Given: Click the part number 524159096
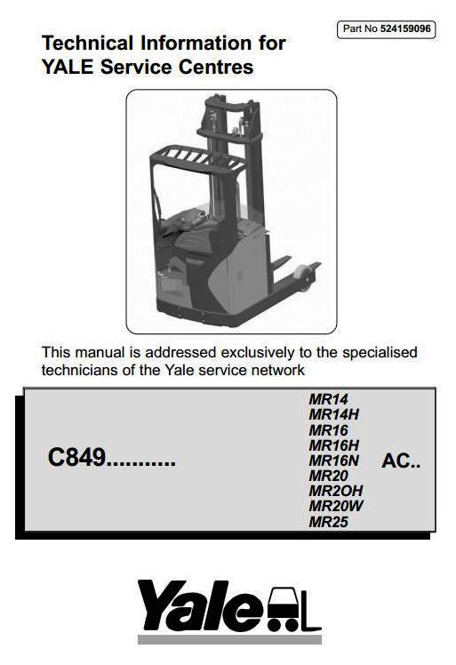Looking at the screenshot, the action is point(405,28).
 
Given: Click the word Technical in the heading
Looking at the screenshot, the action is point(87,44).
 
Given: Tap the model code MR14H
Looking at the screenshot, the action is point(334,414).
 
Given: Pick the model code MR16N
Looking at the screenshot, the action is point(334,461).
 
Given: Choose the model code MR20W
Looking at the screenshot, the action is point(336,506).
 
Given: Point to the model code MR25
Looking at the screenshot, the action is point(328,522).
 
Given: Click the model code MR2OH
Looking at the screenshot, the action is point(336,491).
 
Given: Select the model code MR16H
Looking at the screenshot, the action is point(334,445).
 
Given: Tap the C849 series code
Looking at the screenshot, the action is point(76,457).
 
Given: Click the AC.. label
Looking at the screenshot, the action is point(401,461).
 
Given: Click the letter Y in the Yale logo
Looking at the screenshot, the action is point(158,605).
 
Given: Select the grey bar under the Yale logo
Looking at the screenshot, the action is point(229,639).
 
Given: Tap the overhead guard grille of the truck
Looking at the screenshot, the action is point(197,157).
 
